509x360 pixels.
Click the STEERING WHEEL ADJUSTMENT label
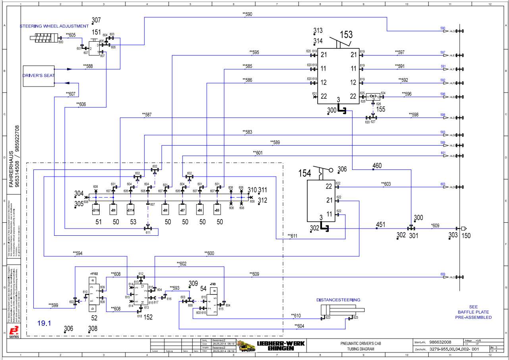pyautogui.click(x=54, y=26)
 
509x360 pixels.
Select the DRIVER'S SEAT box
pyautogui.click(x=38, y=75)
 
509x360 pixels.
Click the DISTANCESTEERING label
pyautogui.click(x=338, y=300)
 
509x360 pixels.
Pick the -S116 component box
pyautogui.click(x=96, y=210)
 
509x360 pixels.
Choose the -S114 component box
pyautogui.click(x=131, y=210)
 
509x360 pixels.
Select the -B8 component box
pyautogui.click(x=166, y=210)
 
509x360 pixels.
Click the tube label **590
pyautogui.click(x=247, y=14)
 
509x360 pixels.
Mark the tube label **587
pyautogui.click(x=146, y=115)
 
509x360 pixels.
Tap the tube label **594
pyautogui.click(x=77, y=253)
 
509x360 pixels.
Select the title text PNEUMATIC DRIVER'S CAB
pyautogui.click(x=357, y=343)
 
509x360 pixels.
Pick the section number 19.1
pyautogui.click(x=44, y=323)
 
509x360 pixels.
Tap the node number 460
pyautogui.click(x=378, y=166)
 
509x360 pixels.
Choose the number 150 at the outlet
pyautogui.click(x=466, y=236)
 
